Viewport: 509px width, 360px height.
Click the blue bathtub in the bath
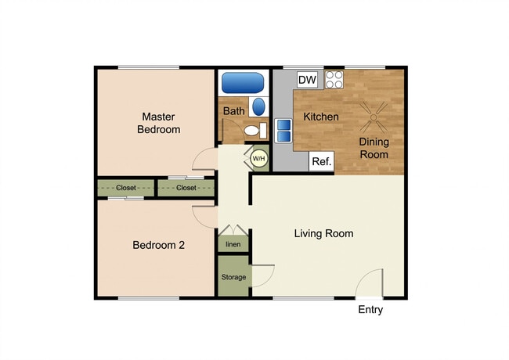[x=243, y=83]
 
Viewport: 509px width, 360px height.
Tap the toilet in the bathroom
[x=255, y=131]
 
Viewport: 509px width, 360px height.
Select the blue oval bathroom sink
[x=258, y=106]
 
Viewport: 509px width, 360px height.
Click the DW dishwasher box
[x=307, y=80]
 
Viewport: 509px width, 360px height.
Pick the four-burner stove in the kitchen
[x=334, y=80]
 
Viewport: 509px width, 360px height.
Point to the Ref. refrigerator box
[x=321, y=161]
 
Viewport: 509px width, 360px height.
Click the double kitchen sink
[x=283, y=131]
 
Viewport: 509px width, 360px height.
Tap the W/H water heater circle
[x=258, y=159]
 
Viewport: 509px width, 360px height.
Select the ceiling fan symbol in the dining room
[x=374, y=117]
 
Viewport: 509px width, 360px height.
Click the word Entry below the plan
[x=370, y=309]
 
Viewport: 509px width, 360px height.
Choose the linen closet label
[x=233, y=244]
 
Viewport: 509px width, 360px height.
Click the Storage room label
[x=233, y=277]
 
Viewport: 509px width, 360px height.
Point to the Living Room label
[x=323, y=233]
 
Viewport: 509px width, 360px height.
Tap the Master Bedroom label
[x=158, y=123]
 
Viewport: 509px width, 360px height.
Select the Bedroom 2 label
[x=158, y=245]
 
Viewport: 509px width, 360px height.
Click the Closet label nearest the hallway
[x=186, y=188]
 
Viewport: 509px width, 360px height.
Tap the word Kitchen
[x=321, y=117]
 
